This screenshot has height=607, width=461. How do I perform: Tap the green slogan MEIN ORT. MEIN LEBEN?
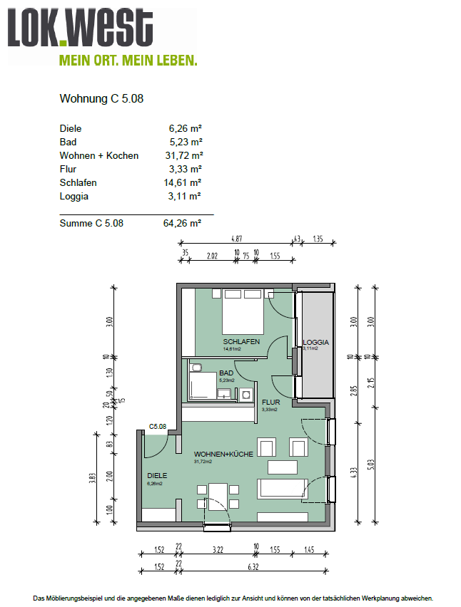128,61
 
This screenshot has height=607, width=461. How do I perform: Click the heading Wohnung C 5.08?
101,99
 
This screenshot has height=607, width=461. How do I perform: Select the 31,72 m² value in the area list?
185,155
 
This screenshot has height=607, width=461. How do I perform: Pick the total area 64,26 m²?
182,223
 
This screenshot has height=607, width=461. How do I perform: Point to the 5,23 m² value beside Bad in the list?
185,142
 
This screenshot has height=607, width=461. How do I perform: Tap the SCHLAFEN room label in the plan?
240,342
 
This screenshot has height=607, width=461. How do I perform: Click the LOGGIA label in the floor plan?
315,342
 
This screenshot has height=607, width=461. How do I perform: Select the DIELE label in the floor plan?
158,476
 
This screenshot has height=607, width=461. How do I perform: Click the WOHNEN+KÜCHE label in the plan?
223,454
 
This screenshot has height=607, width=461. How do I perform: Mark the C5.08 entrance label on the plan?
157,427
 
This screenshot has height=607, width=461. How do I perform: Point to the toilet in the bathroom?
197,368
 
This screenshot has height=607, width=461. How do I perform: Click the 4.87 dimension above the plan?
235,239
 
